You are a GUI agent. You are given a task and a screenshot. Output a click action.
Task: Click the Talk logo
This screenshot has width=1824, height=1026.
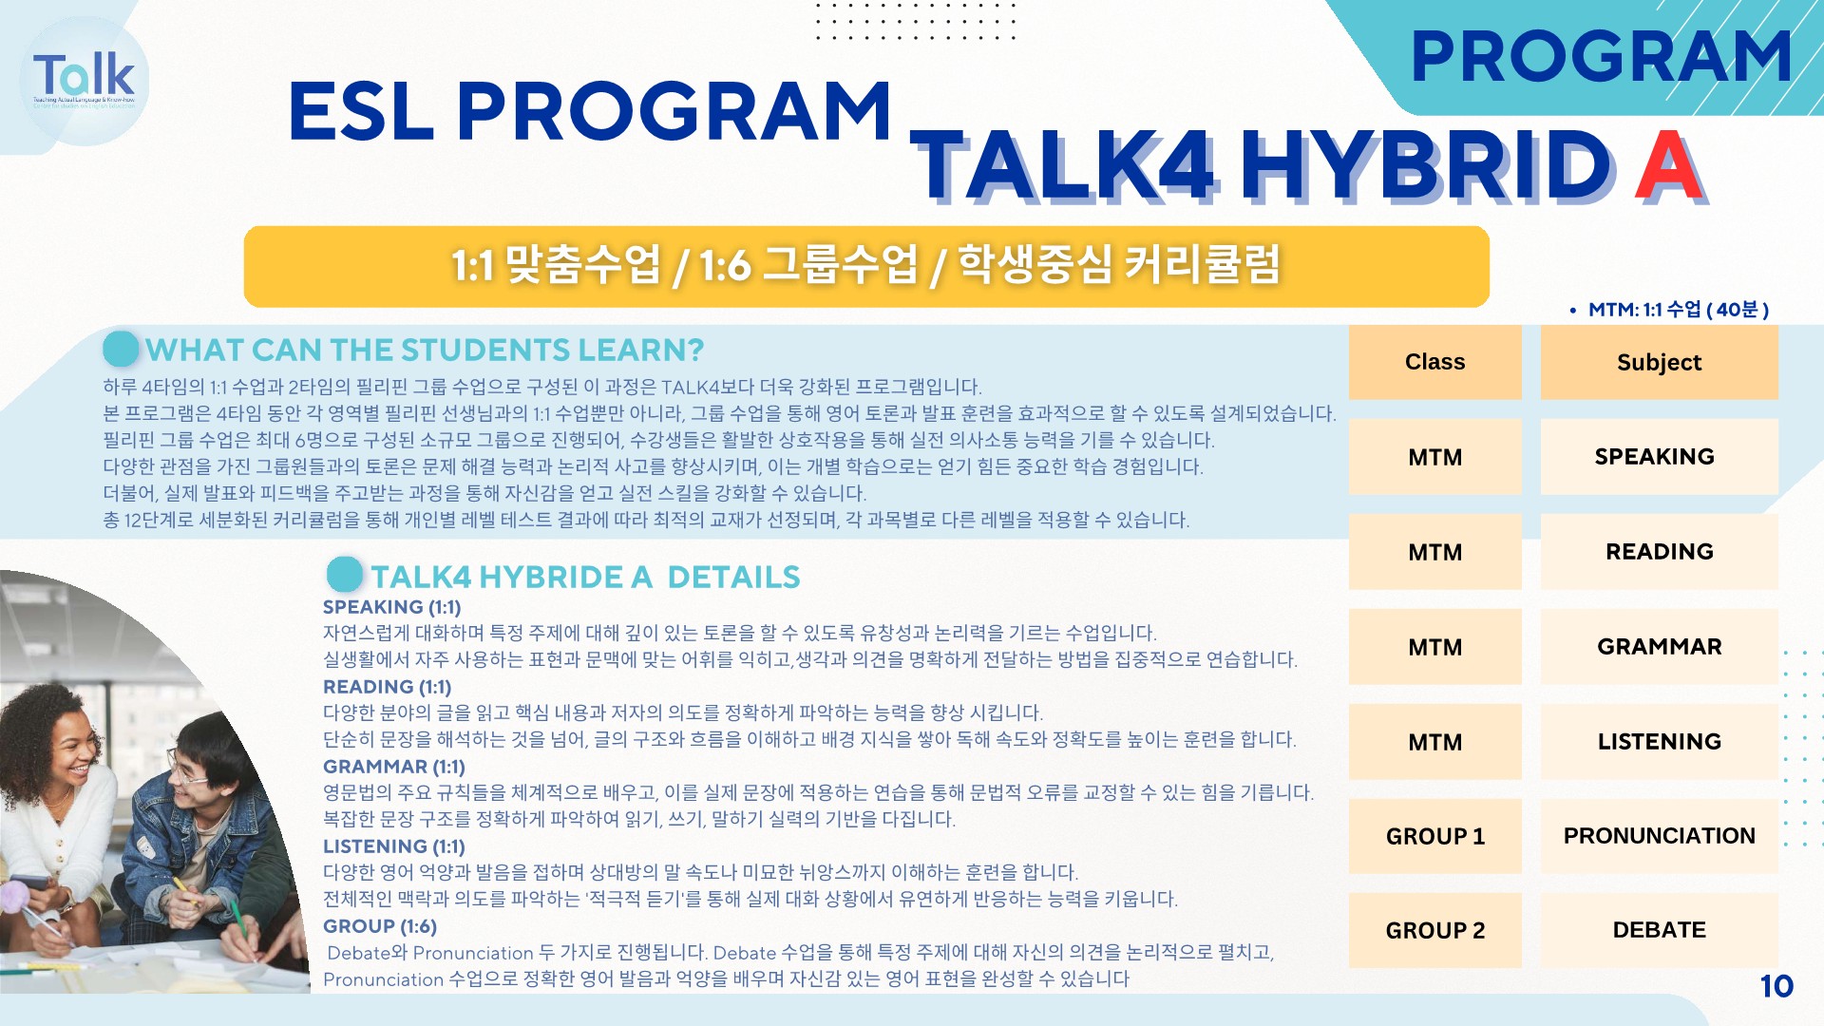point(84,81)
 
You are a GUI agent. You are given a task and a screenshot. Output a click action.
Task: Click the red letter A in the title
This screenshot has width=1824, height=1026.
point(1669,166)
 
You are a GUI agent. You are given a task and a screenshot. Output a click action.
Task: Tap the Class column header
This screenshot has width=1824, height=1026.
point(1434,362)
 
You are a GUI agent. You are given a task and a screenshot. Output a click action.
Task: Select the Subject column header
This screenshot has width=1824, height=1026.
point(1659,362)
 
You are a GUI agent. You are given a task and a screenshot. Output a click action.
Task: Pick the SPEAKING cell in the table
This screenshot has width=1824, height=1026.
point(1659,457)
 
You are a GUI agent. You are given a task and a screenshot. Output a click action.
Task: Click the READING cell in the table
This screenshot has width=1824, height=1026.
point(1659,552)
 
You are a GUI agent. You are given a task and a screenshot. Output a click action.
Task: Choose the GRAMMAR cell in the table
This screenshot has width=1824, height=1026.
point(1659,647)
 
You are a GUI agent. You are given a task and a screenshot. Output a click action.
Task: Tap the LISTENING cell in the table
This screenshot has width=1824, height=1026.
point(1659,742)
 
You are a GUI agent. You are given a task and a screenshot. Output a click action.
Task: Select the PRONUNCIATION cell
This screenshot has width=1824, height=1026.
point(1659,836)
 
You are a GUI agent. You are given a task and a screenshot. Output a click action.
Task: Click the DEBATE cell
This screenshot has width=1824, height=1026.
point(1659,930)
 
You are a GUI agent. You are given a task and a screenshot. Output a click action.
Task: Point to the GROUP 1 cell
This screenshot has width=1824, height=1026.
point(1434,836)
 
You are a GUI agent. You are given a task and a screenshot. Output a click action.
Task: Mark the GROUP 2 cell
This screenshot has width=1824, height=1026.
point(1434,930)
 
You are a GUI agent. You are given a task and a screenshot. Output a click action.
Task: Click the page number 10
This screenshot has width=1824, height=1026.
point(1776,986)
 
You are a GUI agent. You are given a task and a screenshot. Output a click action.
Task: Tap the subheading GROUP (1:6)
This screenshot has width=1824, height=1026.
point(380,926)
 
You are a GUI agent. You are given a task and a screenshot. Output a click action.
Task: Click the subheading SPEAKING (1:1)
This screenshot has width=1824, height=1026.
point(391,607)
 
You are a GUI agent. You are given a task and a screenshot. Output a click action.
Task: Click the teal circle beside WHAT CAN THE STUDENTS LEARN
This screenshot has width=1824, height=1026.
point(122,349)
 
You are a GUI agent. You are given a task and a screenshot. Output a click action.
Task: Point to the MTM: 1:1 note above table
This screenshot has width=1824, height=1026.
point(1669,310)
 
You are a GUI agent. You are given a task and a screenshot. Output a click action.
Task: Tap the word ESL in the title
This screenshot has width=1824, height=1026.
point(361,111)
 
